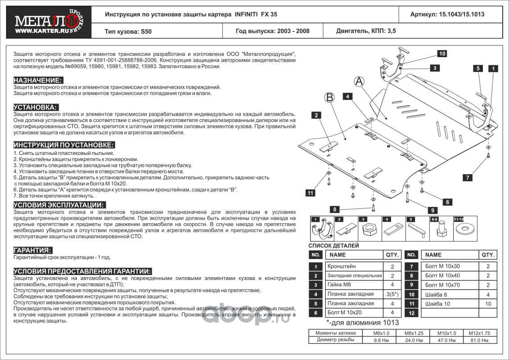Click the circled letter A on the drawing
359,81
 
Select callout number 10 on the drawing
442,54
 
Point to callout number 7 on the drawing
468,178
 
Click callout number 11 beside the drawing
310,193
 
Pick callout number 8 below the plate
334,209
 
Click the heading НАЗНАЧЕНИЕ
38,80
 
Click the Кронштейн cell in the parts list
339,266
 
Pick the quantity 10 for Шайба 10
488,304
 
